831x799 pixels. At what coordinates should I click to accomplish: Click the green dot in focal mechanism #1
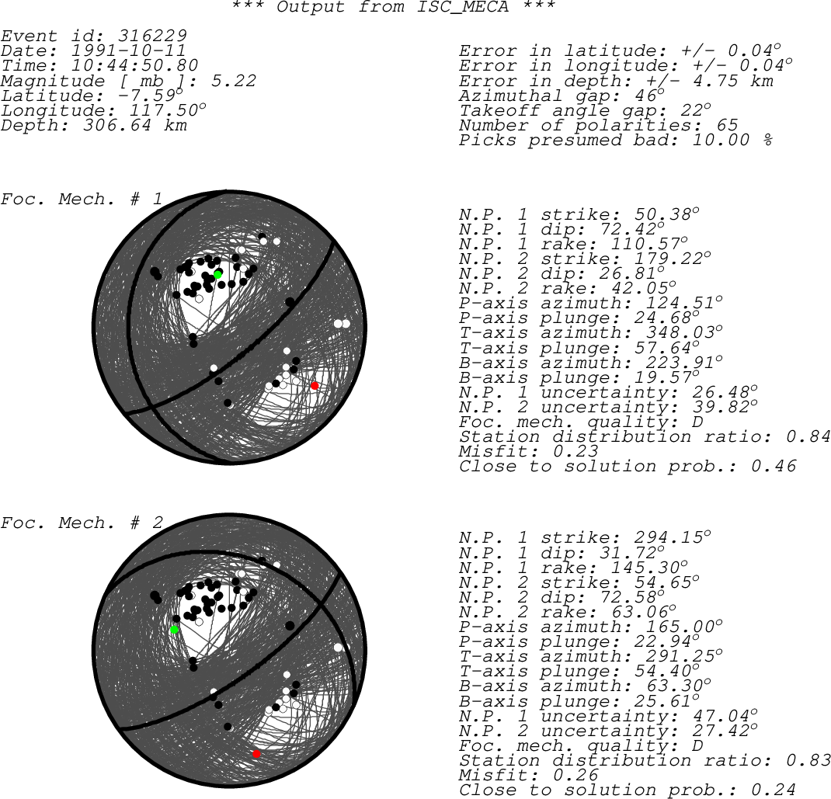(217, 274)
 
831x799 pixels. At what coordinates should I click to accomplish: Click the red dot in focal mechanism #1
(315, 386)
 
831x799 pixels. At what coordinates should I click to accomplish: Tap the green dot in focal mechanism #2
(174, 630)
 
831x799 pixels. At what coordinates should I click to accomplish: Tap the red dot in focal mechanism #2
(256, 753)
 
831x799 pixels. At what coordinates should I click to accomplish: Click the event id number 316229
(152, 36)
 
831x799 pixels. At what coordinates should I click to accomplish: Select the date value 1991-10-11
(128, 50)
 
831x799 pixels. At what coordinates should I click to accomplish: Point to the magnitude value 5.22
(233, 81)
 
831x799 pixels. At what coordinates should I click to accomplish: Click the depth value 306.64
(116, 125)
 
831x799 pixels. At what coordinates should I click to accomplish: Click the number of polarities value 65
(727, 125)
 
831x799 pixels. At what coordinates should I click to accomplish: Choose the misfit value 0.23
(575, 451)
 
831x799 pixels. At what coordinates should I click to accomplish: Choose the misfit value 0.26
(575, 775)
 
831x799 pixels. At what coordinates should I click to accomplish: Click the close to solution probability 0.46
(774, 466)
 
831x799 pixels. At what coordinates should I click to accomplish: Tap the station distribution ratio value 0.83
(808, 760)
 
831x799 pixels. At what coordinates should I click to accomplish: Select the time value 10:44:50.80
(134, 65)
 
